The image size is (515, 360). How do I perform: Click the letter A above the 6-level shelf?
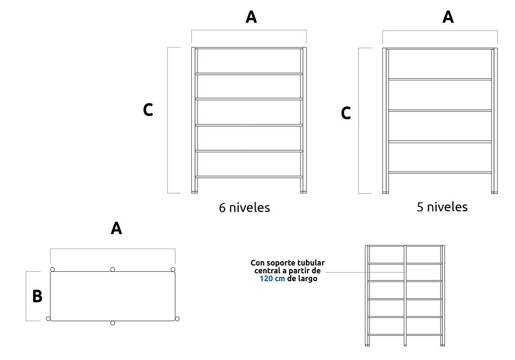pyautogui.click(x=251, y=17)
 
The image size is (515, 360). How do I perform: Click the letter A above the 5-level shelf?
pyautogui.click(x=448, y=17)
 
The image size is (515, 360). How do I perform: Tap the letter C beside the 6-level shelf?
pyautogui.click(x=148, y=110)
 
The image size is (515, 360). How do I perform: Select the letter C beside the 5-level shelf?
pyautogui.click(x=346, y=114)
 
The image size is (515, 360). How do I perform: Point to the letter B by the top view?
pyautogui.click(x=37, y=296)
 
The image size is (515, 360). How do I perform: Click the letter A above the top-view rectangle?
pyautogui.click(x=116, y=228)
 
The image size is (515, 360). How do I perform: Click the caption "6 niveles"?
pyautogui.click(x=244, y=208)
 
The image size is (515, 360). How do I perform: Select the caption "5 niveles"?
pyautogui.click(x=442, y=207)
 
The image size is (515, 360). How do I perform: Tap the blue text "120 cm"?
pyautogui.click(x=272, y=279)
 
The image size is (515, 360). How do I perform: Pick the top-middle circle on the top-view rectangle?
pyautogui.click(x=112, y=269)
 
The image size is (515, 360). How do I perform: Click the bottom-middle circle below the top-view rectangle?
pyautogui.click(x=112, y=323)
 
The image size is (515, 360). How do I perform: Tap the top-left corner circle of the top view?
pyautogui.click(x=52, y=269)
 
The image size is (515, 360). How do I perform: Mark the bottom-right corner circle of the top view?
pyautogui.click(x=177, y=318)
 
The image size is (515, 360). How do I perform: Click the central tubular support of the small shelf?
pyautogui.click(x=405, y=295)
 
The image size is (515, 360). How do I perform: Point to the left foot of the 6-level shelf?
pyautogui.click(x=195, y=191)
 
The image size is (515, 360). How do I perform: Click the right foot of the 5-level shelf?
pyautogui.click(x=495, y=192)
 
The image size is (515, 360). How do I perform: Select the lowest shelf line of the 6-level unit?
pyautogui.click(x=249, y=177)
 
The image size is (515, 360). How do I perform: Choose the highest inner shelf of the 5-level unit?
pyautogui.click(x=440, y=79)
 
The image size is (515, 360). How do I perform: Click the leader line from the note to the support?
pyautogui.click(x=365, y=272)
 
